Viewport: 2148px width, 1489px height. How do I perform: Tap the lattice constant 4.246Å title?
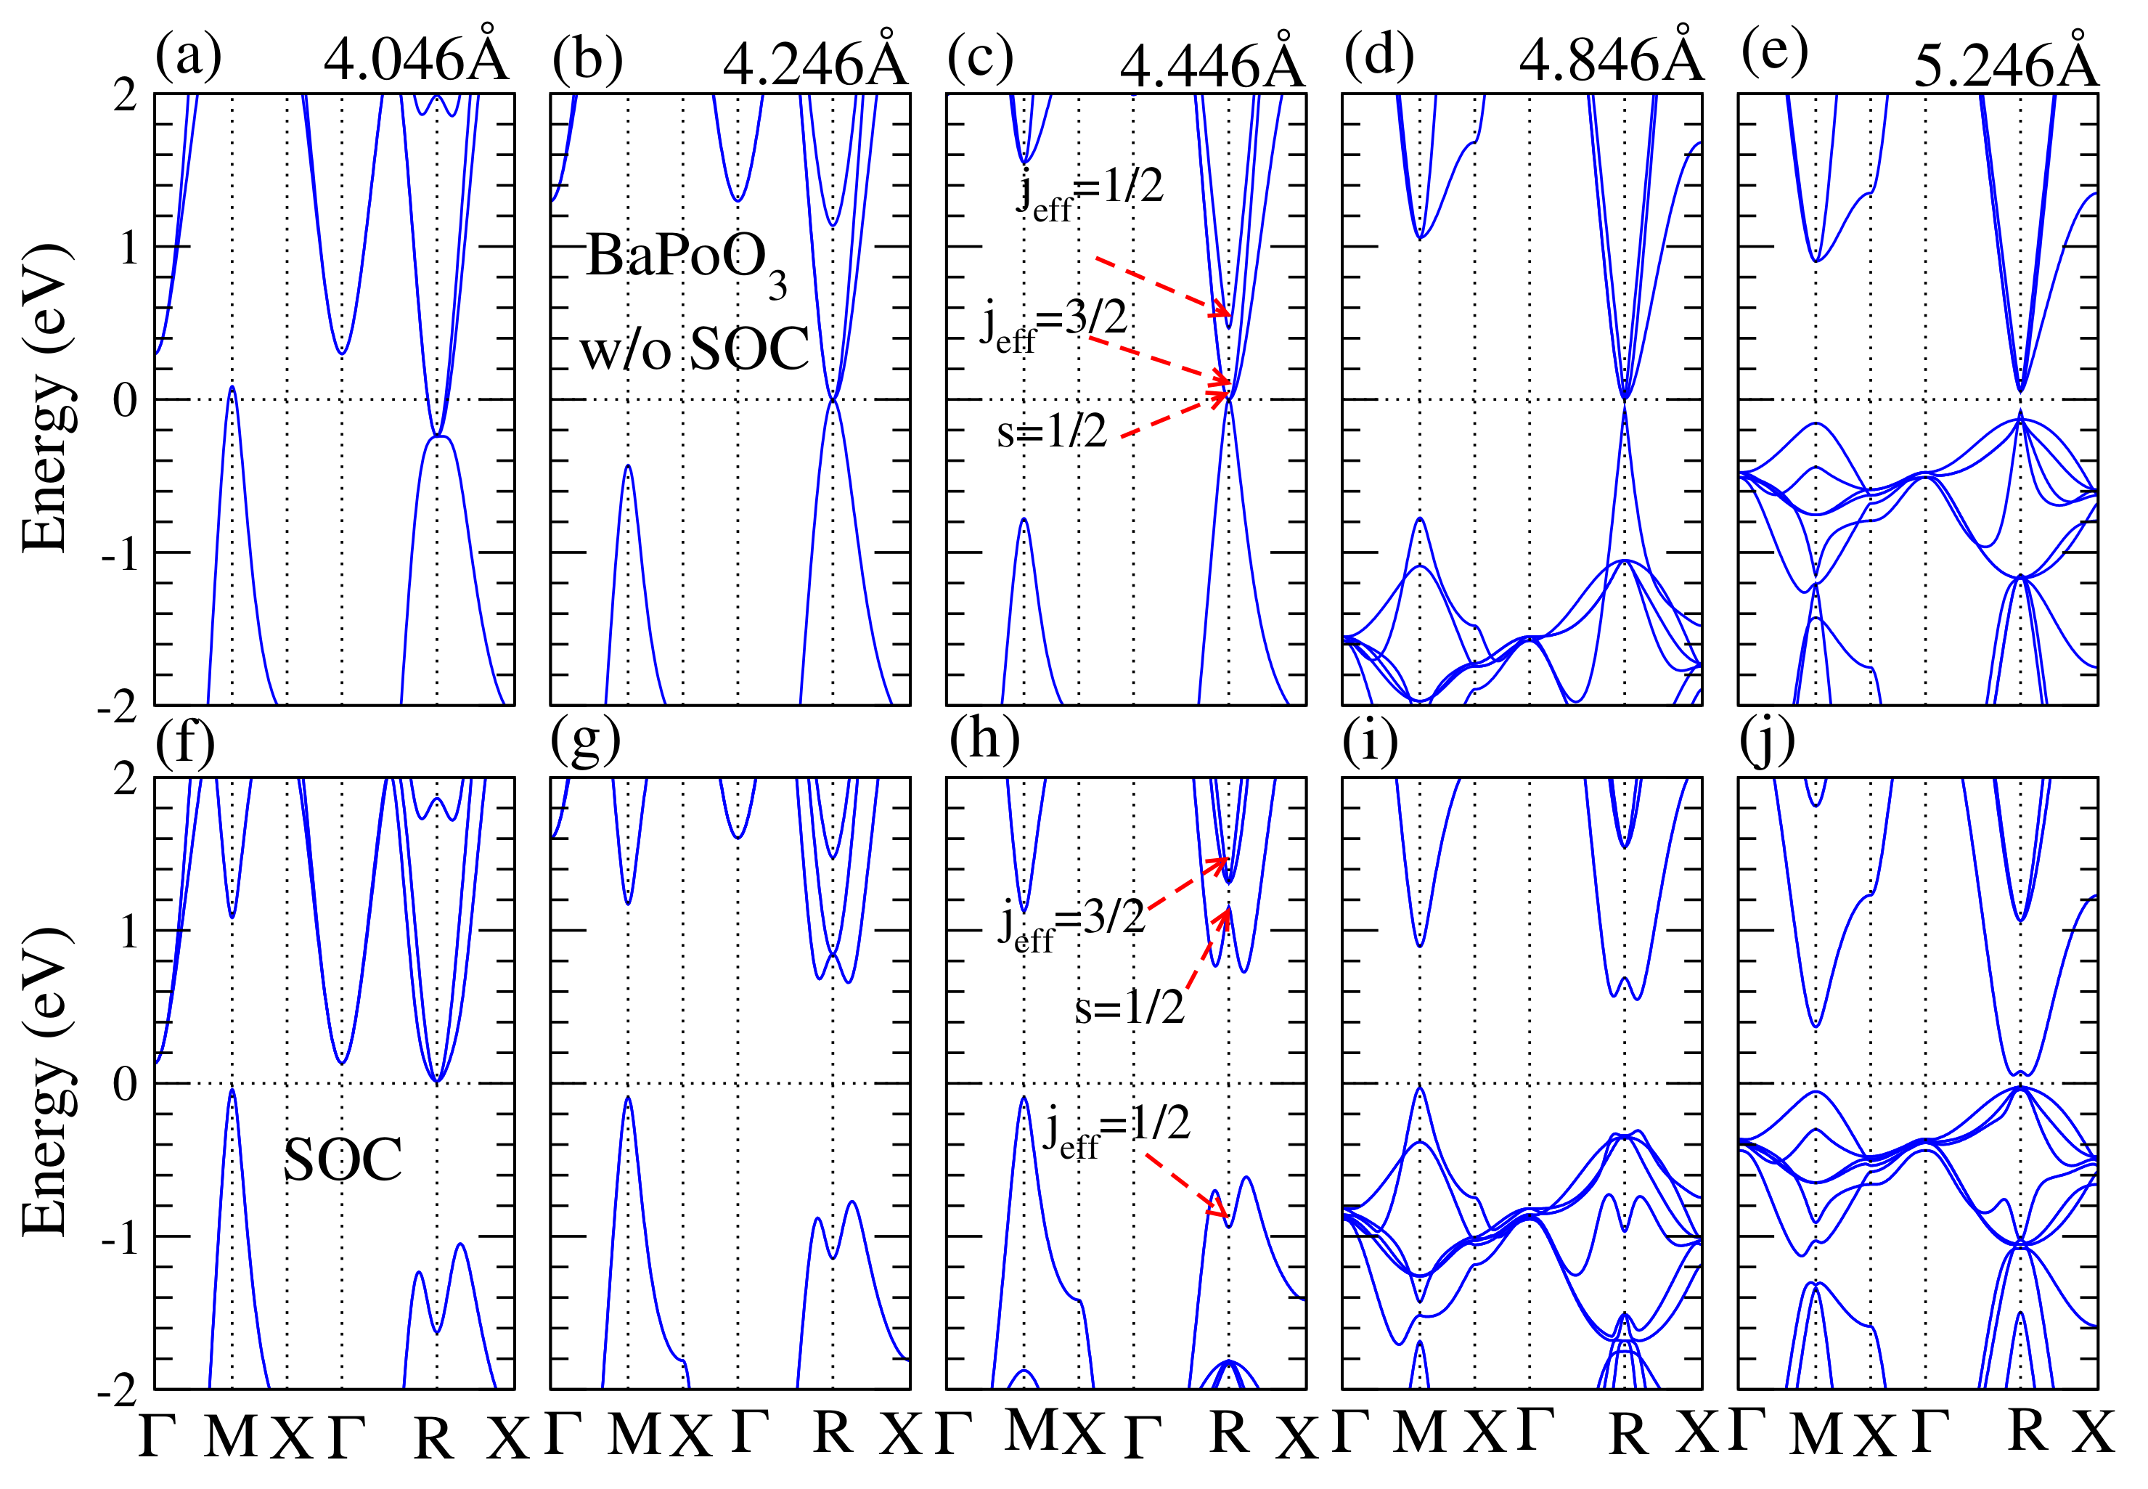point(814,62)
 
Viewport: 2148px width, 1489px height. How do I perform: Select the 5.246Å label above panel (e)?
point(2005,62)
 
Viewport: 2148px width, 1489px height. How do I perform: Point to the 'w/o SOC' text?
point(695,350)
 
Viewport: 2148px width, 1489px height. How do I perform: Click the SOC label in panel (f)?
point(343,1159)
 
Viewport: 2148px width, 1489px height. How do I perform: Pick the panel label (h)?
point(984,739)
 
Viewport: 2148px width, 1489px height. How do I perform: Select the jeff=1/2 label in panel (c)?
point(1090,191)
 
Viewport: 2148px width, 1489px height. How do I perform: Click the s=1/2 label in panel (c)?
point(1052,431)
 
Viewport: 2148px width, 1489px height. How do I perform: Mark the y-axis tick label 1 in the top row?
point(126,248)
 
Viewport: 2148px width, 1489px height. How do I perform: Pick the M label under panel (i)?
point(1420,1432)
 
